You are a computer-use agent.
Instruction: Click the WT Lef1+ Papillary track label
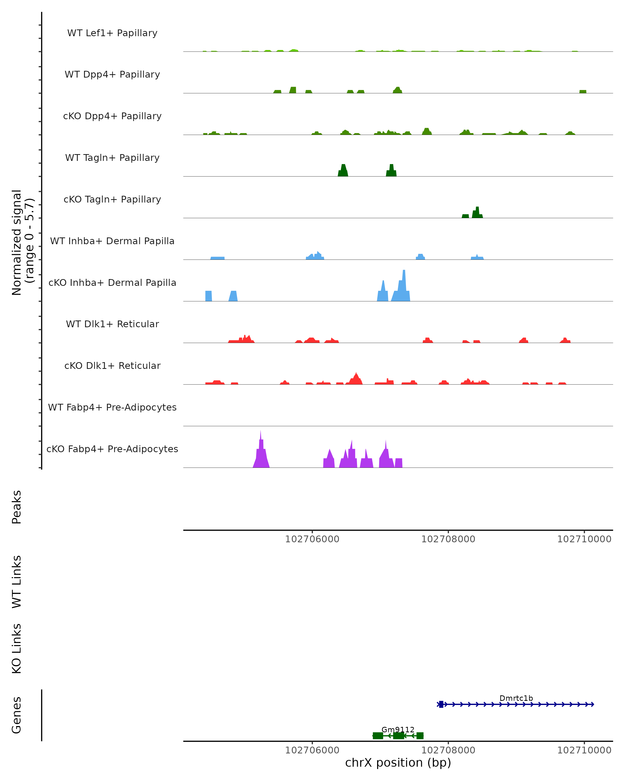112,33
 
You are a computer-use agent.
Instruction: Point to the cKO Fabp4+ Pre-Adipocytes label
112,449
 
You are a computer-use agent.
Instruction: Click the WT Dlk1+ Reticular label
112,324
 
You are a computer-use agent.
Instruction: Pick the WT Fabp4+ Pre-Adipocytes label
112,407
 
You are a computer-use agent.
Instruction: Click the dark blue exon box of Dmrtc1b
441,704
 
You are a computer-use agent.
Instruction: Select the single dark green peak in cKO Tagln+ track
477,212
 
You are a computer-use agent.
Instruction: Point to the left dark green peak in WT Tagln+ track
343,171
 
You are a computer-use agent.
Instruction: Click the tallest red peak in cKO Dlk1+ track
356,379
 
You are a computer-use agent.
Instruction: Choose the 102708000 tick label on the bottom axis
448,750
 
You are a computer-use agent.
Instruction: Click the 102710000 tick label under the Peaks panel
584,539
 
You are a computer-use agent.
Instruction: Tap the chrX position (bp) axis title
398,763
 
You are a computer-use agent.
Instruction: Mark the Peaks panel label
17,507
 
